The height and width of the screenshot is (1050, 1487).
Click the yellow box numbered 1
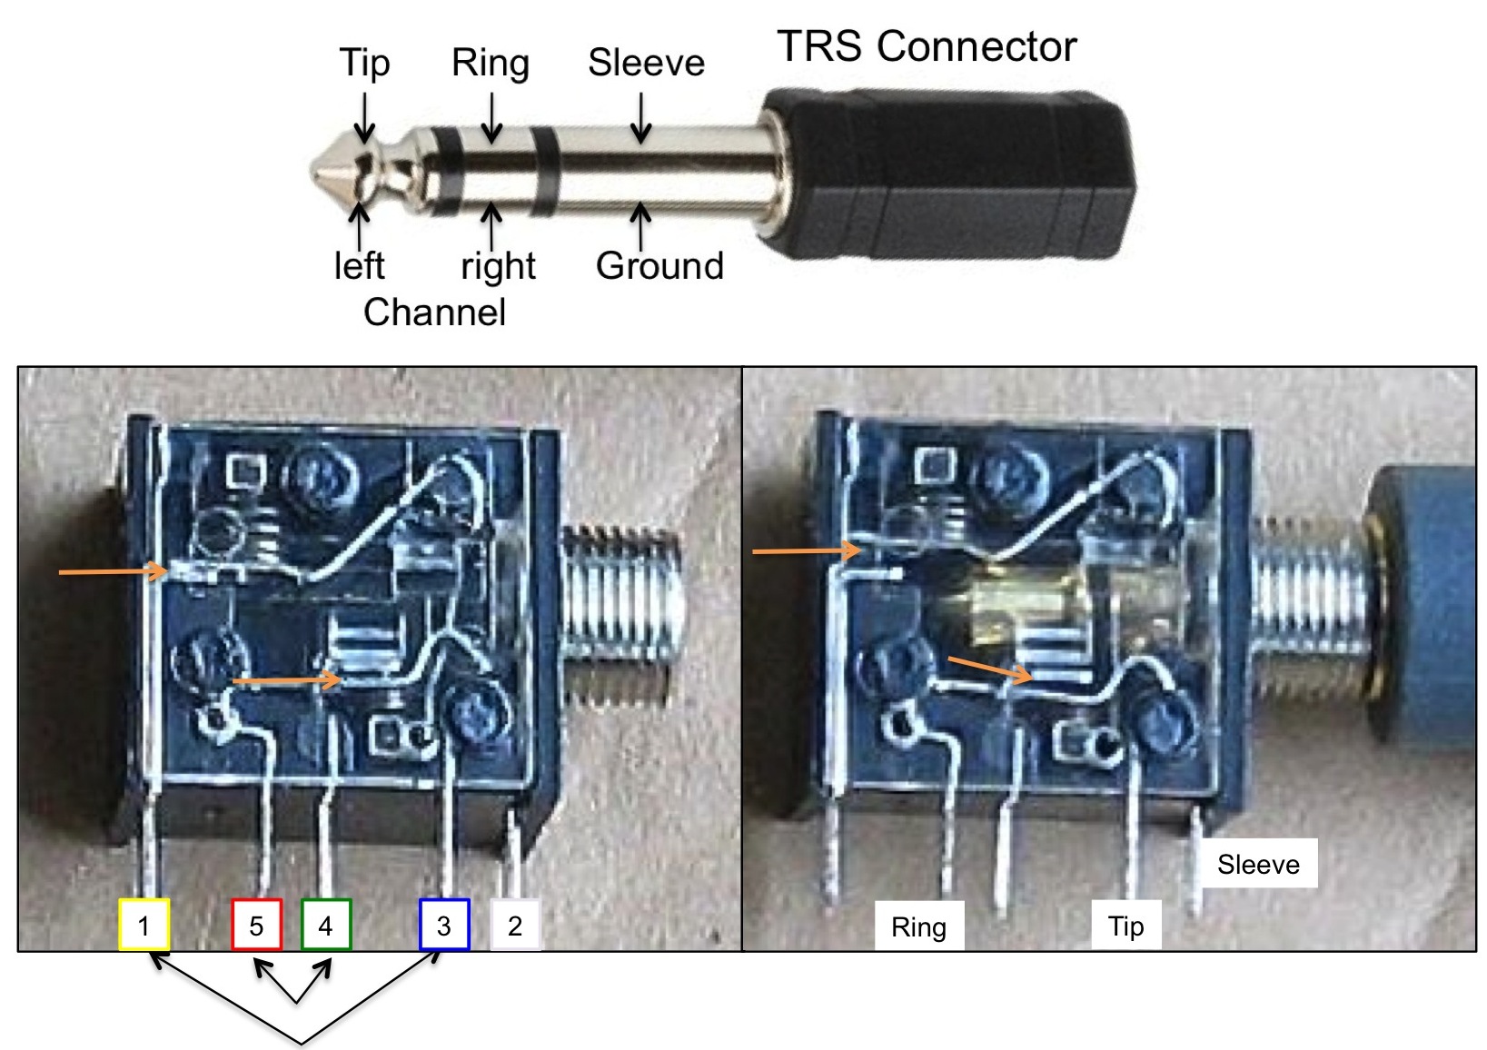pyautogui.click(x=144, y=925)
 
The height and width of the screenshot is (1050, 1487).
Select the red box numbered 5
pyautogui.click(x=256, y=925)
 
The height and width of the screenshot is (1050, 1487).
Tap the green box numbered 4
pyautogui.click(x=325, y=925)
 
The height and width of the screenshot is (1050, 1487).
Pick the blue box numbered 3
pyautogui.click(x=444, y=925)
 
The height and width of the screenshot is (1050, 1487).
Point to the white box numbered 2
pyautogui.click(x=515, y=925)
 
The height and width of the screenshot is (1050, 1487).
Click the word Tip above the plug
pyautogui.click(x=364, y=64)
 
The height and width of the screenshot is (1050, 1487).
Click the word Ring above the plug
pyautogui.click(x=491, y=64)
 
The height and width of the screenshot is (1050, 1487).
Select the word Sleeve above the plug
pyautogui.click(x=646, y=64)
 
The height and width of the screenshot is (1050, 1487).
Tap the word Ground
pyautogui.click(x=659, y=266)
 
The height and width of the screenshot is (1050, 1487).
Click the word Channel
pyautogui.click(x=434, y=312)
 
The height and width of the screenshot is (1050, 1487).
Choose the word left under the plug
pyautogui.click(x=360, y=266)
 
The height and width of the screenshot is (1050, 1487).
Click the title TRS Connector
pyautogui.click(x=927, y=46)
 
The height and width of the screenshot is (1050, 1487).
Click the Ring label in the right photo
pyautogui.click(x=918, y=926)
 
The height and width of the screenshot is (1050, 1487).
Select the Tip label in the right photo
pyautogui.click(x=1125, y=926)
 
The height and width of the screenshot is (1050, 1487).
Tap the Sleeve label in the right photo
pyautogui.click(x=1258, y=864)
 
